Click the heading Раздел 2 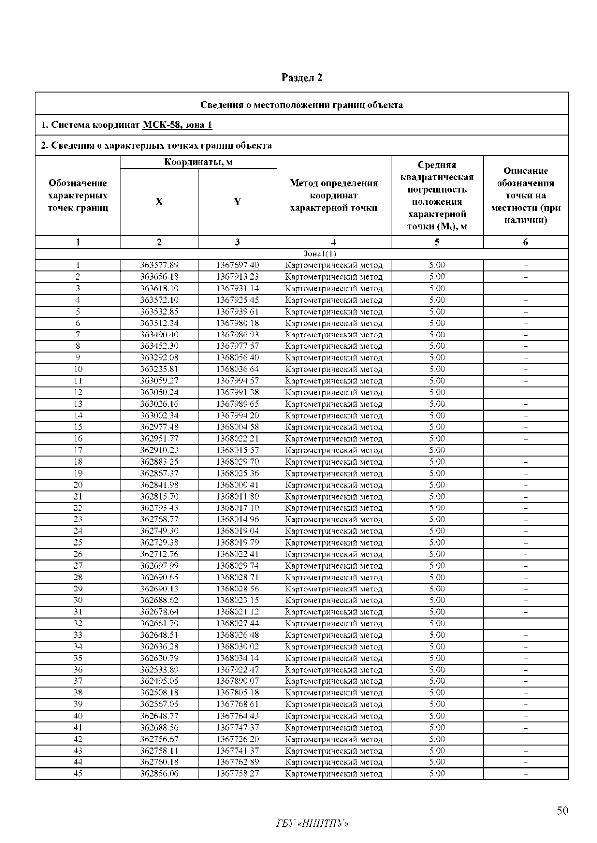tap(302, 78)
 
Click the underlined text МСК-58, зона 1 tap(177, 125)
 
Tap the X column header tap(159, 202)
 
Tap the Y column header tap(237, 202)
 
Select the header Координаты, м tap(198, 162)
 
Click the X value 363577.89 tap(159, 265)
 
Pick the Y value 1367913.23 tap(237, 277)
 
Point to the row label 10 tap(78, 369)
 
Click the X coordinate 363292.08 tap(159, 358)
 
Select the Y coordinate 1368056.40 tap(237, 358)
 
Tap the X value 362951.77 tap(159, 439)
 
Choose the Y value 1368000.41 tap(237, 485)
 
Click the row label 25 tap(78, 543)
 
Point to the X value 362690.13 tap(159, 589)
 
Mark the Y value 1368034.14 tap(237, 658)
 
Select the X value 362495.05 tap(159, 681)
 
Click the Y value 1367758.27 tap(237, 774)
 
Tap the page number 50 tap(562, 811)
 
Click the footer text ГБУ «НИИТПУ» tap(312, 824)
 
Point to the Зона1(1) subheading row tap(301, 254)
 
